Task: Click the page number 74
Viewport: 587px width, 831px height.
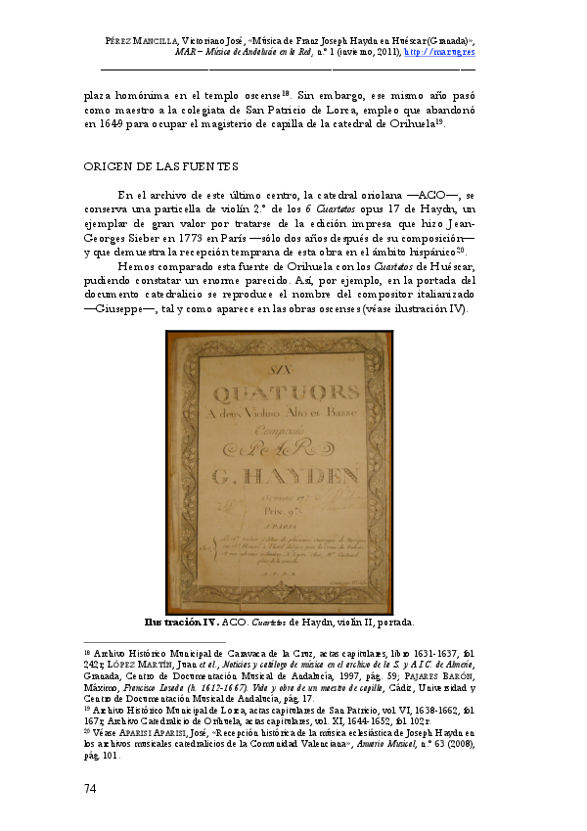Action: [x=92, y=788]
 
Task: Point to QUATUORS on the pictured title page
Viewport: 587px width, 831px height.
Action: [x=279, y=397]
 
